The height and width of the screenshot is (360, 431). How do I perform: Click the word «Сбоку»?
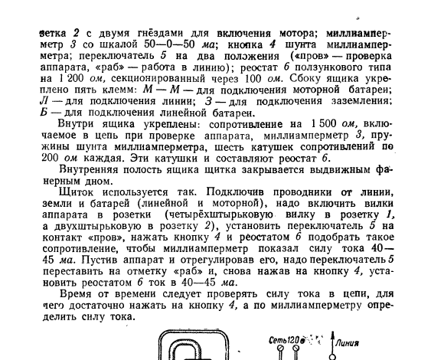(312, 80)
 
